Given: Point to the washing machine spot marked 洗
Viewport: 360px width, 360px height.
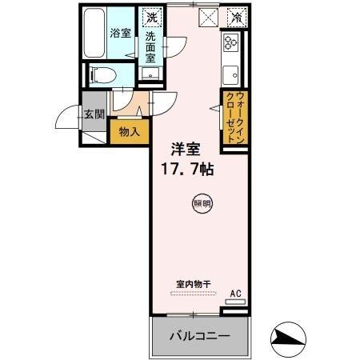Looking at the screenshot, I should (x=151, y=15).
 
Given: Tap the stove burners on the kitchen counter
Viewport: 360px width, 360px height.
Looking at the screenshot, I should (x=231, y=43).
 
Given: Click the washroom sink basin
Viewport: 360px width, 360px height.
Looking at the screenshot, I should (x=150, y=74).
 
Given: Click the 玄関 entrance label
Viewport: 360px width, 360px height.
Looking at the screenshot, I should (x=94, y=114).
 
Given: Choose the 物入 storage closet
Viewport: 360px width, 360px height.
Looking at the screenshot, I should (x=130, y=130).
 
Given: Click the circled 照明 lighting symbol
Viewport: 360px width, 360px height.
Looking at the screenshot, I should (x=202, y=204).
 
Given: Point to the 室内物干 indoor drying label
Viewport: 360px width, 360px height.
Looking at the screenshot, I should (x=193, y=284).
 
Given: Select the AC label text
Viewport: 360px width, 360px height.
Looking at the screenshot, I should (x=236, y=294).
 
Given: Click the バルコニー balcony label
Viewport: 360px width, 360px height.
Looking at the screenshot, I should (x=198, y=336).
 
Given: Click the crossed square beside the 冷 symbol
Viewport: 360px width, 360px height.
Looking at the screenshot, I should (x=208, y=15).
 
